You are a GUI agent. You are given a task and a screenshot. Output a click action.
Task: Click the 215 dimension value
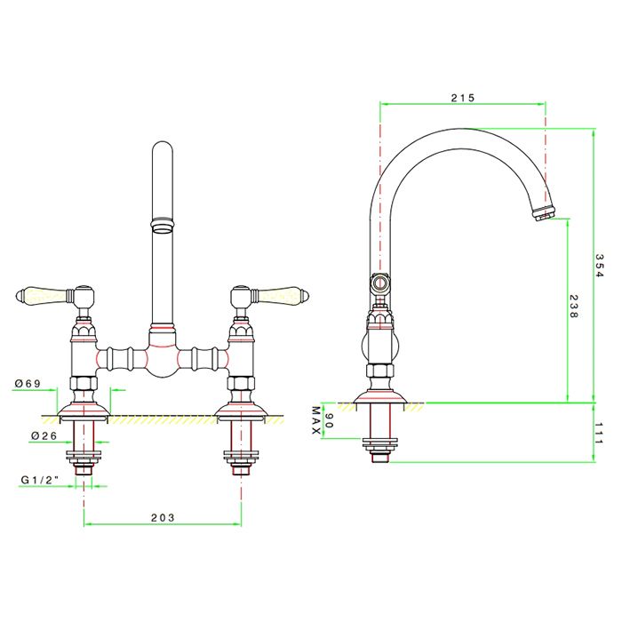(463, 97)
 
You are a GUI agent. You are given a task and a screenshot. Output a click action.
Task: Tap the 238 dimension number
(574, 308)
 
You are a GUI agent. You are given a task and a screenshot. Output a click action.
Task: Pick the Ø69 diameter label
(28, 383)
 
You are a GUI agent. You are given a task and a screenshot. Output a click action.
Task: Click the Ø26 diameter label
(29, 435)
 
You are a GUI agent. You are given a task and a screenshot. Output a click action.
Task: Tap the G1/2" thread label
(39, 481)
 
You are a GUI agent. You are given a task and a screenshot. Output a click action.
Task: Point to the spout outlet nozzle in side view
(543, 214)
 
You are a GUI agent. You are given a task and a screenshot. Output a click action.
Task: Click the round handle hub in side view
(380, 284)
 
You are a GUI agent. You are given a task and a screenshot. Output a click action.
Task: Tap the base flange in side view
(380, 403)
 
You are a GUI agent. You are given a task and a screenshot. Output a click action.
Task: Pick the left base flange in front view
(83, 410)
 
